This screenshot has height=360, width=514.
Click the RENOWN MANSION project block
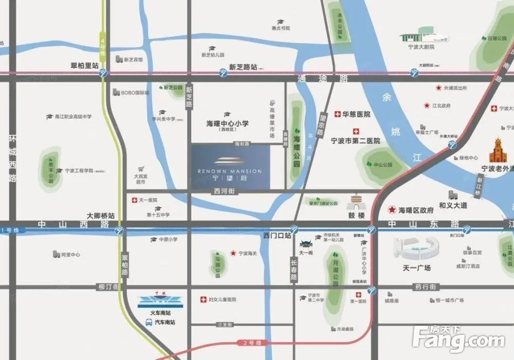[230, 167]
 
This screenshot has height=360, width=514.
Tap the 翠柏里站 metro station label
[85, 66]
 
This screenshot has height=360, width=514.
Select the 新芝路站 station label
[243, 67]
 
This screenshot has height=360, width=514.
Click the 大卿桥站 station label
[101, 216]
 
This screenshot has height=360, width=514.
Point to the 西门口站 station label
[277, 236]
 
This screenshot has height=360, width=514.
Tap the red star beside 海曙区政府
[392, 210]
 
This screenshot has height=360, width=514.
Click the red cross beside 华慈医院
[337, 114]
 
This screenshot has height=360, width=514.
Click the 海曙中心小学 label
[227, 124]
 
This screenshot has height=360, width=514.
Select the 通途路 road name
[323, 79]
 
